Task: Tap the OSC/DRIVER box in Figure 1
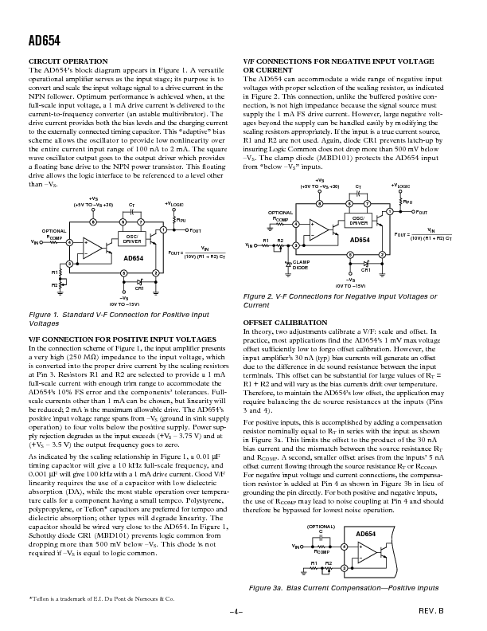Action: [x=130, y=238]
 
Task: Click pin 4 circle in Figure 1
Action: [x=69, y=242]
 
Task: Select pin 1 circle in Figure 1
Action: [x=163, y=229]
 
